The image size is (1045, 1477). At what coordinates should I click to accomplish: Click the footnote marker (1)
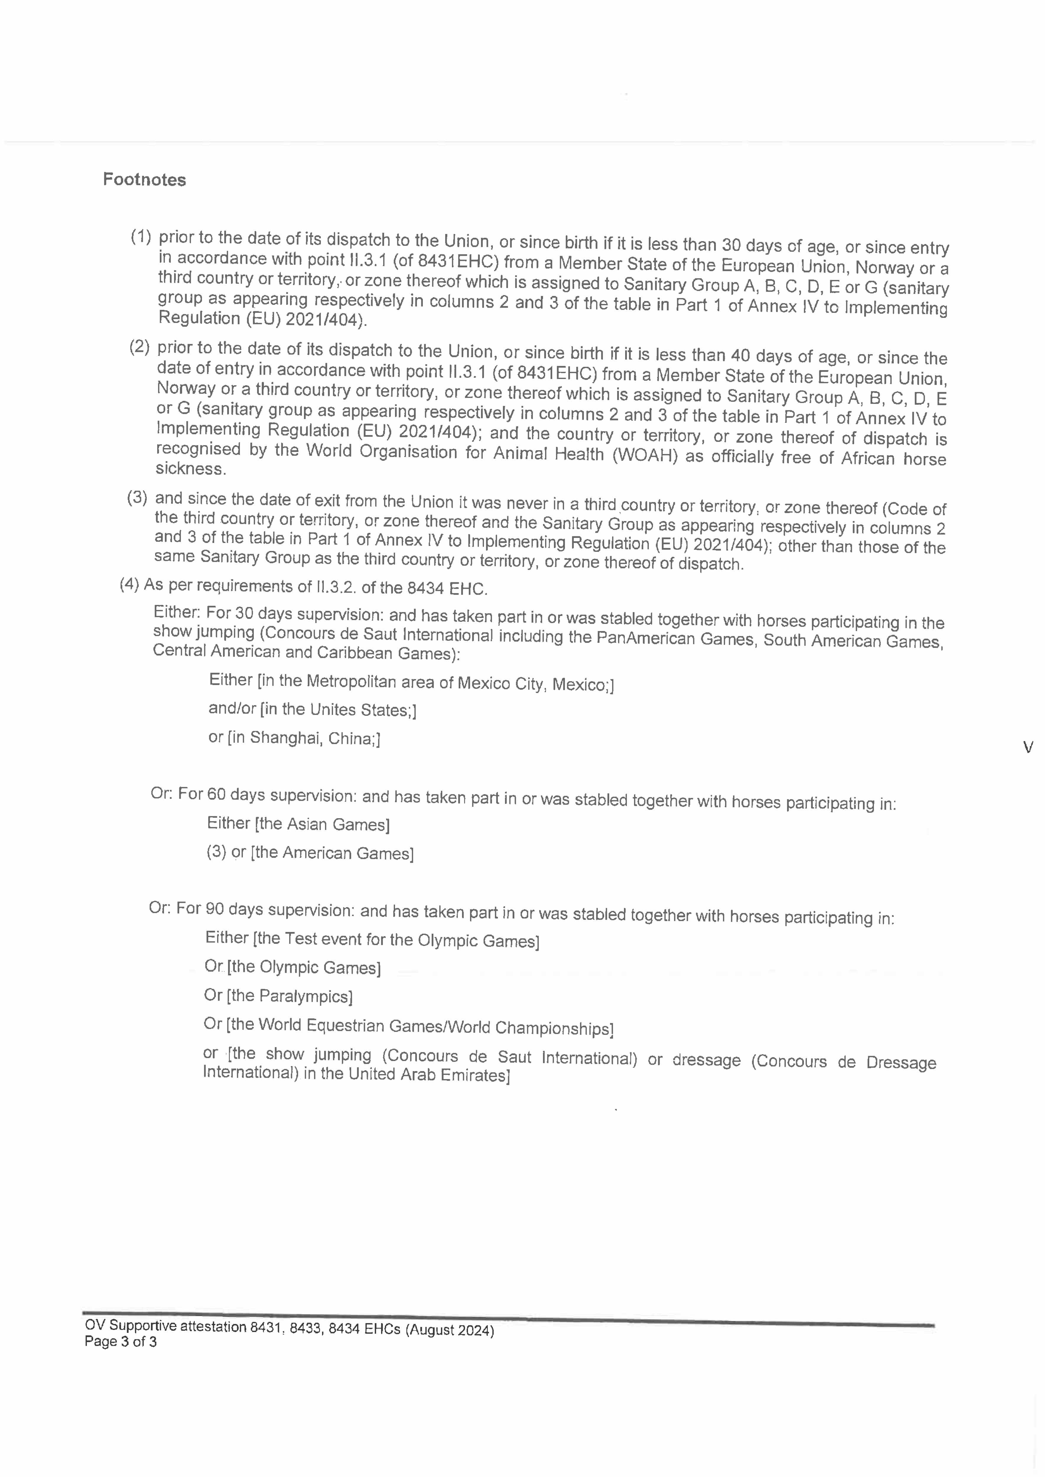tap(141, 237)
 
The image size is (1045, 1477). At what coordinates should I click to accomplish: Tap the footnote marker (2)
tap(140, 347)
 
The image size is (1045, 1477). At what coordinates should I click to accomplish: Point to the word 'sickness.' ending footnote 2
tap(191, 469)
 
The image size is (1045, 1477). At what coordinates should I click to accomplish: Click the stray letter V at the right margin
tap(1028, 747)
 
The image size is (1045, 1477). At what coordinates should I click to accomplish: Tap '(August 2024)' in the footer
tap(449, 1330)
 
